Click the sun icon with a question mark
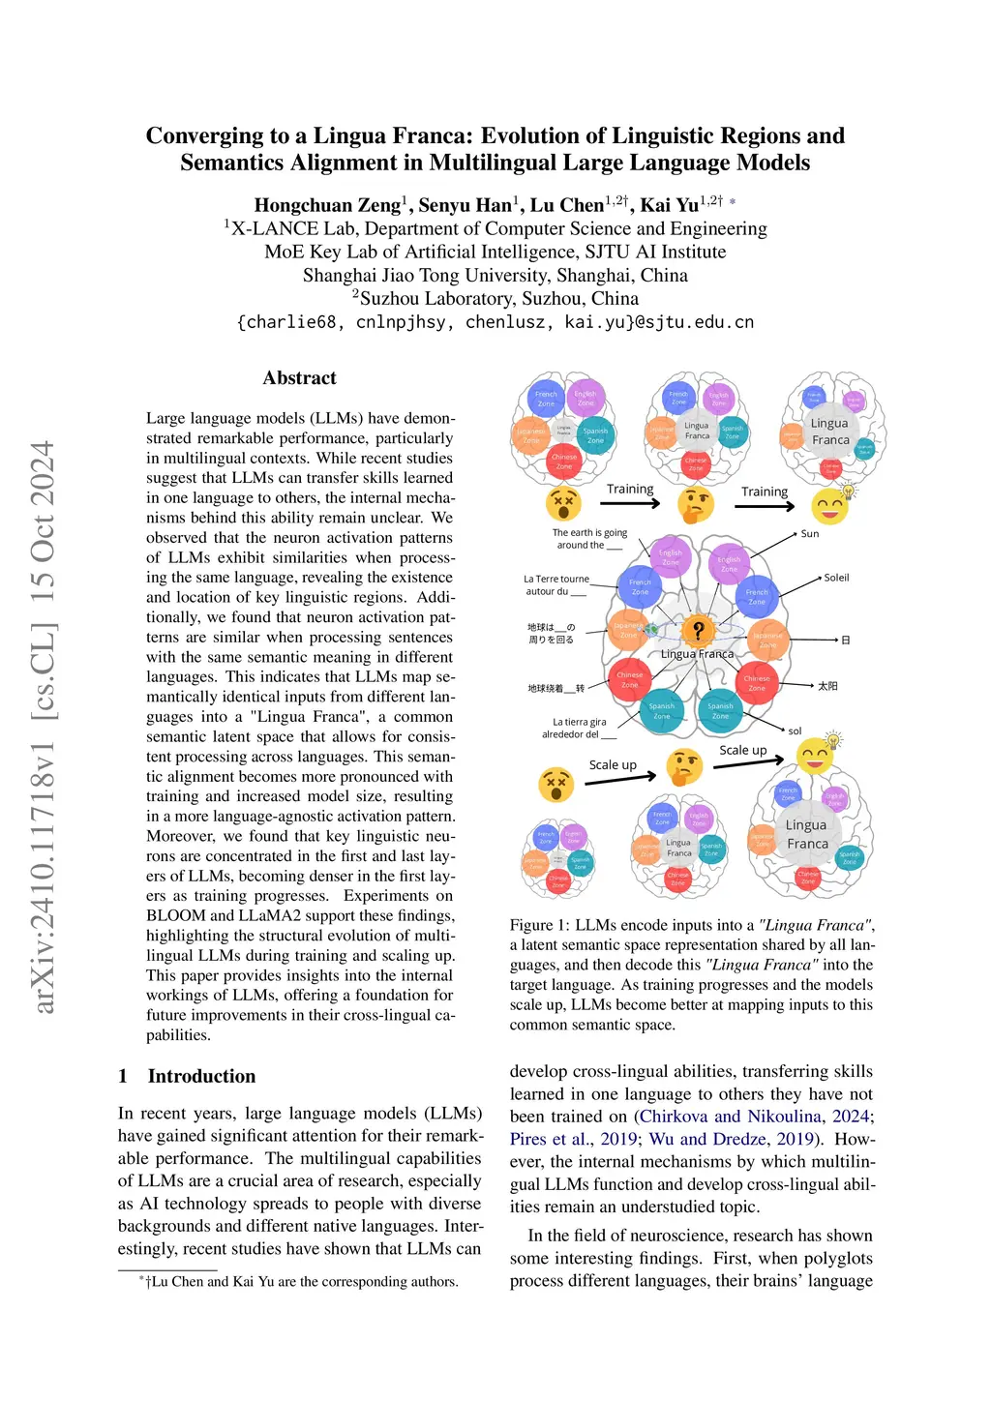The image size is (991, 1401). [697, 631]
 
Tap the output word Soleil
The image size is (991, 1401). [836, 578]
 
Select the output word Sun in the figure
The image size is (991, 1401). [810, 533]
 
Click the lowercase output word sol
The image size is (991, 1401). [795, 731]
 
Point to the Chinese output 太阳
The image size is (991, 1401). [827, 686]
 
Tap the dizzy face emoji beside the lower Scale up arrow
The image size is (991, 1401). [556, 783]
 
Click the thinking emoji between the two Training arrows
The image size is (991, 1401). [695, 504]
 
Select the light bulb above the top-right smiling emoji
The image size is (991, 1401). [850, 491]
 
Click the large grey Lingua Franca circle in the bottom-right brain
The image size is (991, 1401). [807, 834]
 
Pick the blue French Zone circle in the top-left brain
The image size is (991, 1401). [546, 398]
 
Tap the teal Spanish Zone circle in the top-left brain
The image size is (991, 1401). [595, 435]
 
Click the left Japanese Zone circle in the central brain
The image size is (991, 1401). [628, 630]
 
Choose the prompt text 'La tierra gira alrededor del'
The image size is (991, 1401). [579, 728]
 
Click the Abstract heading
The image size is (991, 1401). [300, 378]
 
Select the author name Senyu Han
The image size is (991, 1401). [465, 205]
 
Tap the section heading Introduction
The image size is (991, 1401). [201, 1076]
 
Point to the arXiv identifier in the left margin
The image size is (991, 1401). [44, 726]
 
